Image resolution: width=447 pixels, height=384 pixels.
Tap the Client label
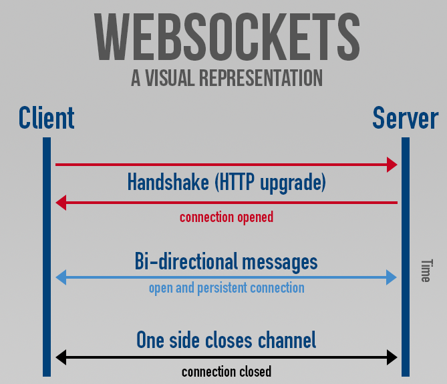pos(46,118)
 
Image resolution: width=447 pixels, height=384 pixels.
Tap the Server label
pos(405,118)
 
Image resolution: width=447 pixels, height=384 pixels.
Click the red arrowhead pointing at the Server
pos(392,164)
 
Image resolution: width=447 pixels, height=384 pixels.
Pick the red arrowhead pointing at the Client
pos(61,203)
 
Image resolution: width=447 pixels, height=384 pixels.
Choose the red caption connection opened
pos(227,217)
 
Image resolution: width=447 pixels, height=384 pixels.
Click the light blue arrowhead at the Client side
pos(61,277)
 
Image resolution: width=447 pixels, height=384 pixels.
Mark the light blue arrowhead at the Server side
pos(392,277)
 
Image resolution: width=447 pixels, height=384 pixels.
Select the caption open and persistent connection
pos(227,288)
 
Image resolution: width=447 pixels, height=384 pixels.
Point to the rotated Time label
pos(425,270)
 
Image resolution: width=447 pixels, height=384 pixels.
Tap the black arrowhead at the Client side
pos(61,357)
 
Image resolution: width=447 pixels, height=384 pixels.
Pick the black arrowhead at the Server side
pos(392,357)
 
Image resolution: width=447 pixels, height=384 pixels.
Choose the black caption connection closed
pos(227,371)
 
